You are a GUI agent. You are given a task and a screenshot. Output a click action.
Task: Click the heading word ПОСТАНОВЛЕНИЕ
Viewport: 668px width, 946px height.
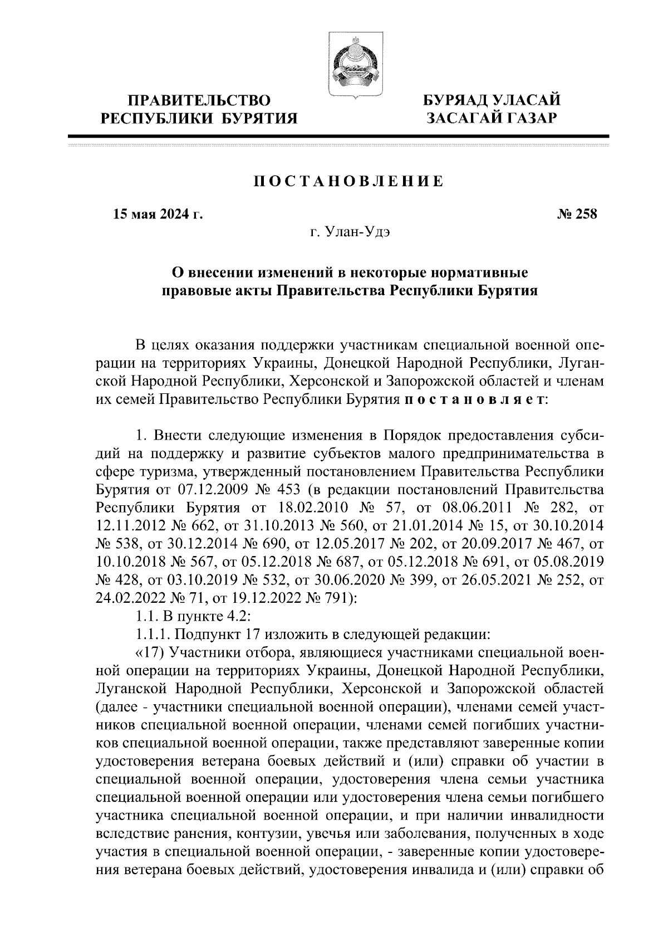(349, 181)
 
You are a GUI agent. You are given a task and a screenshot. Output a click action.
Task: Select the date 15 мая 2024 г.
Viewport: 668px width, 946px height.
(158, 214)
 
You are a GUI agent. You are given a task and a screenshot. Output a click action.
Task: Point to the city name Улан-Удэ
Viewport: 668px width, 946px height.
(358, 232)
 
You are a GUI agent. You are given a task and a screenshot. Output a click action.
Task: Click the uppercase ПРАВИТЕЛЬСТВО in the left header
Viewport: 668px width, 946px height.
(199, 101)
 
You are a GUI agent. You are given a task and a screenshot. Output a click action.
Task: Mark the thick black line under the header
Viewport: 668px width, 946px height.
(338, 136)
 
